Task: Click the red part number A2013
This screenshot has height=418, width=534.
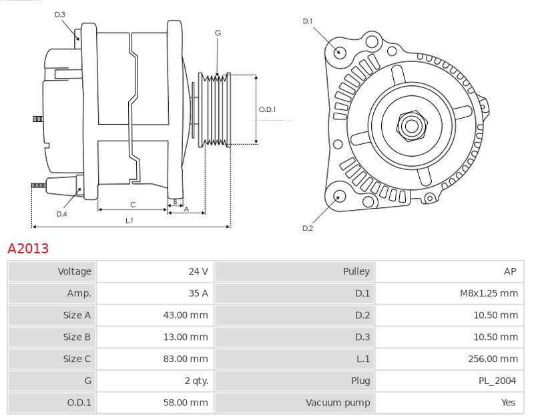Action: click(28, 249)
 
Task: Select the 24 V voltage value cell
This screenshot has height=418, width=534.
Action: click(198, 271)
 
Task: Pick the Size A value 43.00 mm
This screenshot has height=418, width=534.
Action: click(186, 315)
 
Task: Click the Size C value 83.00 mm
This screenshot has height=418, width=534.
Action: click(186, 359)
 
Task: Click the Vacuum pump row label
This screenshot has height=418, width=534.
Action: click(338, 403)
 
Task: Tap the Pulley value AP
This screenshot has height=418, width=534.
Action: click(510, 271)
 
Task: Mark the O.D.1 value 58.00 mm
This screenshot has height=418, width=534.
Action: click(186, 403)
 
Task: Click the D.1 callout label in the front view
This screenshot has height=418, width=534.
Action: click(308, 21)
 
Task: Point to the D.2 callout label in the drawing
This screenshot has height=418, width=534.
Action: click(308, 228)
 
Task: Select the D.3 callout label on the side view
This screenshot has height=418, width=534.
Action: click(60, 14)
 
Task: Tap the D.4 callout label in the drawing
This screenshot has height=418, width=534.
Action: click(61, 214)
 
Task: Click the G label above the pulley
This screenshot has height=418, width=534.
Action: click(218, 33)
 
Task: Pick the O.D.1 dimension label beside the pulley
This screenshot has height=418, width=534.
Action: click(267, 110)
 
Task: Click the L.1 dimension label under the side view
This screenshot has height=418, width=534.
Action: click(129, 220)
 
